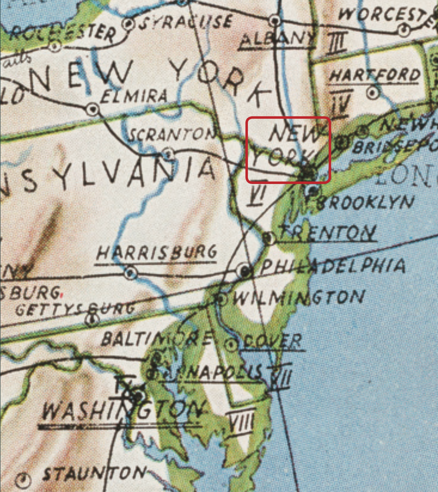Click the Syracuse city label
point(186,22)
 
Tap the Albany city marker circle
point(275,21)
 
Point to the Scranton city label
point(172,134)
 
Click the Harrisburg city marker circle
point(131,272)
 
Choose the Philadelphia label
point(332,266)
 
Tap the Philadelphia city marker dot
point(245,271)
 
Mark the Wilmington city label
point(298,298)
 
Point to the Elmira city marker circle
point(92,109)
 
